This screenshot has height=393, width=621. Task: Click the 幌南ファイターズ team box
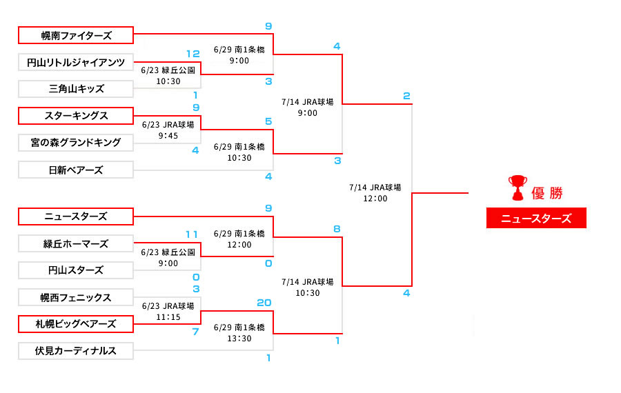(x=76, y=34)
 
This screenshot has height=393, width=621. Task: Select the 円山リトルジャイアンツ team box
(x=76, y=62)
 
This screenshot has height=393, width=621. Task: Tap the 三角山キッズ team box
(x=76, y=89)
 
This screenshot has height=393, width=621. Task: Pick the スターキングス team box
(x=76, y=115)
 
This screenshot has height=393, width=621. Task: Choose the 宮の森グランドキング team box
(x=76, y=143)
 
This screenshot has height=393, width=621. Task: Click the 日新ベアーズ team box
(x=76, y=170)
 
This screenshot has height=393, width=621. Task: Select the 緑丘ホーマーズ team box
(x=76, y=243)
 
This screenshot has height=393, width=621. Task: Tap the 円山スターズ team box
(x=76, y=270)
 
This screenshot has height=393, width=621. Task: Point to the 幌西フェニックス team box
(x=76, y=298)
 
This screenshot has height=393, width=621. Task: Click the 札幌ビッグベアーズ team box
(x=76, y=324)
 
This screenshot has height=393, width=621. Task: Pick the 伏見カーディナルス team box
(x=76, y=351)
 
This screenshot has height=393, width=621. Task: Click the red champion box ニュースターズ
(x=536, y=219)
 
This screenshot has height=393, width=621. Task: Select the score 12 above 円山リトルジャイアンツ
(x=193, y=53)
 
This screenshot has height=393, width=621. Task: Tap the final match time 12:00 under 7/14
(x=375, y=199)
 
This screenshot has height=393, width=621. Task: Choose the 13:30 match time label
(x=239, y=339)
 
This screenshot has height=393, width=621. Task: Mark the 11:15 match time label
(x=168, y=316)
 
